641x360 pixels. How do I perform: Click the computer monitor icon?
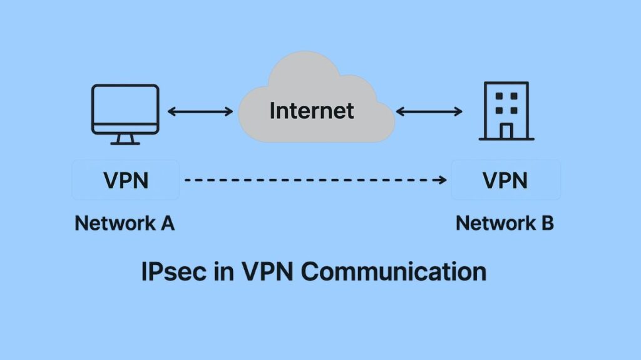[x=125, y=110]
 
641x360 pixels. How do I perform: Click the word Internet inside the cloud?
[x=312, y=111]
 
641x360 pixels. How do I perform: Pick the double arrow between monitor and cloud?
[x=200, y=112]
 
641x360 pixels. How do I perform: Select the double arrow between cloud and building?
[x=429, y=112]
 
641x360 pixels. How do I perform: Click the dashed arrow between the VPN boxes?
[x=313, y=180]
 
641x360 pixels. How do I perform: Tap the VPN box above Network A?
[x=126, y=180]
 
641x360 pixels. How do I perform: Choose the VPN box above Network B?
[x=506, y=180]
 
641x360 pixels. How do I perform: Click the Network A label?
[x=125, y=223]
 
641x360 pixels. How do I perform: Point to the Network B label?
[x=505, y=223]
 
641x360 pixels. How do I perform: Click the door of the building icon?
[x=506, y=130]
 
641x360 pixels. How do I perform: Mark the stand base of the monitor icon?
[x=125, y=142]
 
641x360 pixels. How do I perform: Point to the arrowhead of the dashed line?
[x=443, y=180]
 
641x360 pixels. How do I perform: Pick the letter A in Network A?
[x=167, y=223]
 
